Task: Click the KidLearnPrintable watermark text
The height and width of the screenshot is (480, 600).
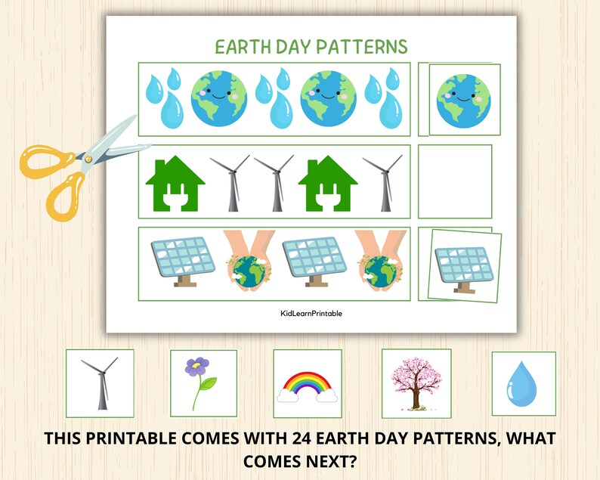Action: pos(311,314)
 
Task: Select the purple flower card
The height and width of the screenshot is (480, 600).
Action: pos(198,382)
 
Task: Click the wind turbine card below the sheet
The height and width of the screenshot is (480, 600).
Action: pos(99,382)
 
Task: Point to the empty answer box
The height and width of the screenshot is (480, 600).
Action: pos(454,181)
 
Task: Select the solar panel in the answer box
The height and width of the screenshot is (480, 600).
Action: pos(460,262)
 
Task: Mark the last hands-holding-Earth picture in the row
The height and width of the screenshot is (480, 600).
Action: pos(382,262)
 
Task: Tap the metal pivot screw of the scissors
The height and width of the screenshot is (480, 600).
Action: pos(88,158)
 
